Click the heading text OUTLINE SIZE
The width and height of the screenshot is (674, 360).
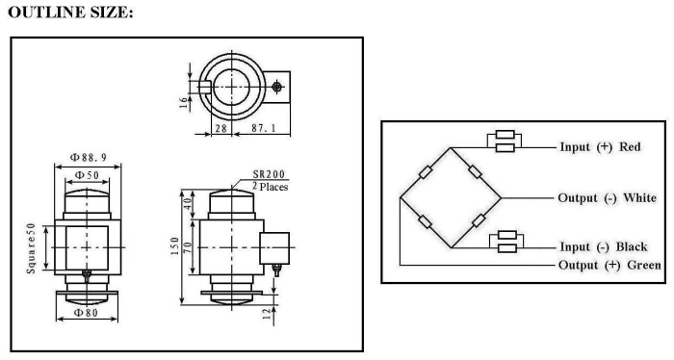click(70, 12)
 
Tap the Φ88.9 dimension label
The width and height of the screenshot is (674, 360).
click(89, 157)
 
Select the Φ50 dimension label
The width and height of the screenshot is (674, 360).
click(87, 175)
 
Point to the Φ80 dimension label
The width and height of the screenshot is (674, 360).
click(87, 313)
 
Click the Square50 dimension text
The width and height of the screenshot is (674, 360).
click(31, 248)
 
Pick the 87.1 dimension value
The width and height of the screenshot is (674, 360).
click(264, 128)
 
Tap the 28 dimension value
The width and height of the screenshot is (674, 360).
click(220, 128)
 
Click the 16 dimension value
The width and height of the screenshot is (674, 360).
click(184, 102)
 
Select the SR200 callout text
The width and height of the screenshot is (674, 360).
click(269, 174)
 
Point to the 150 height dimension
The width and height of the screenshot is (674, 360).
click(174, 246)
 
